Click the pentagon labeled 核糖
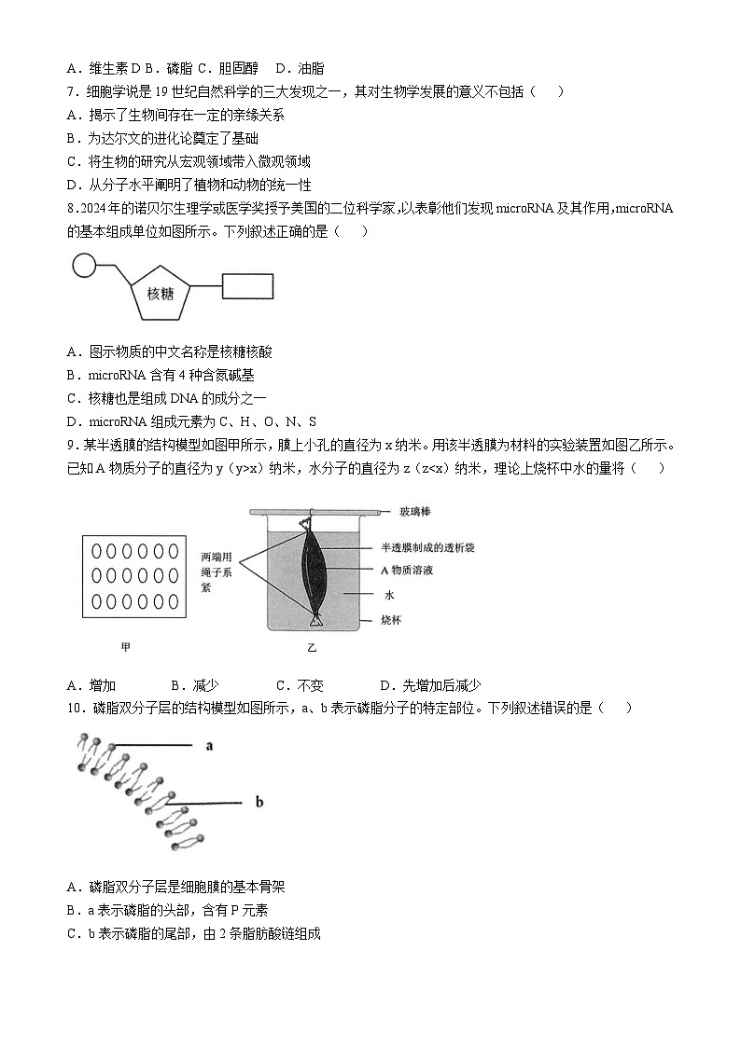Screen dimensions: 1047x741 point(161,293)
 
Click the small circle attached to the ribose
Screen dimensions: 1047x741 point(83,267)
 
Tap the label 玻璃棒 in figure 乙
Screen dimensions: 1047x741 point(413,512)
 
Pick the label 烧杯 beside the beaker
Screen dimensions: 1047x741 point(390,619)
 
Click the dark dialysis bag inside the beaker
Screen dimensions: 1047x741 point(312,569)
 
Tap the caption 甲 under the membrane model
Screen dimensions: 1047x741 point(126,645)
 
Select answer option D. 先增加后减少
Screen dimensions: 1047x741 point(429,685)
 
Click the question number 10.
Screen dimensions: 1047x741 point(75,708)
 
